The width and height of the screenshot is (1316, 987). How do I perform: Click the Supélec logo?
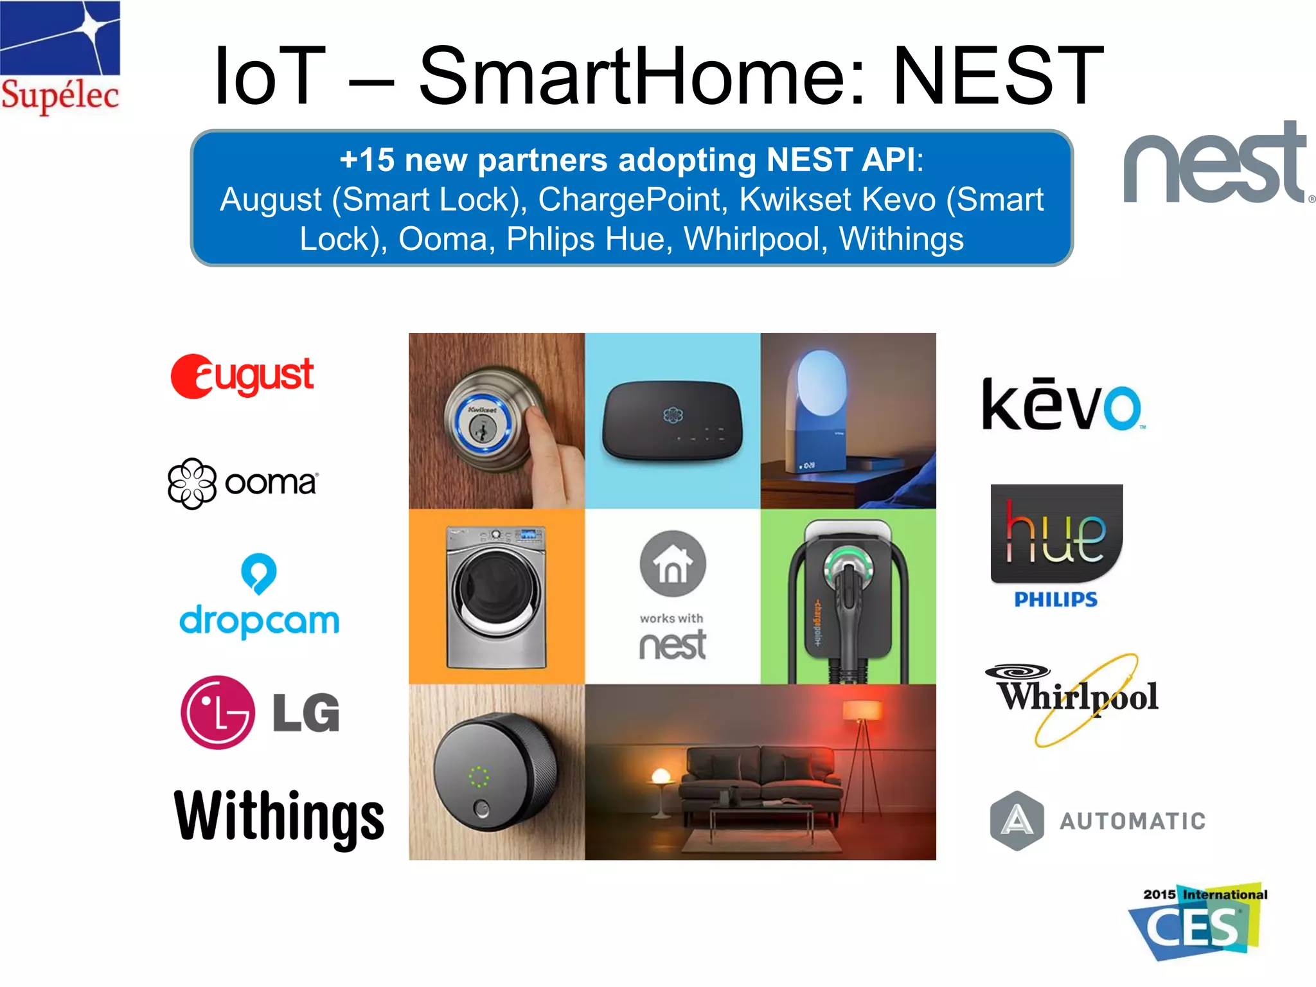60,58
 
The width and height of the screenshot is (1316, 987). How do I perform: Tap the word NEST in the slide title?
998,76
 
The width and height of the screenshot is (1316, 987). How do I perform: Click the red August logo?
242,377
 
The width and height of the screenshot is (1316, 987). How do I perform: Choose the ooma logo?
242,483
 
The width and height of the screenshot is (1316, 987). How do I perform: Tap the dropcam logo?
259,596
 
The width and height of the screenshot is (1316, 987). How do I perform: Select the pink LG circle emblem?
218,712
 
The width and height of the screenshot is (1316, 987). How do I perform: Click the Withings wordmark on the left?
279,817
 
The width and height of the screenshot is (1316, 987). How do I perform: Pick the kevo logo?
1062,405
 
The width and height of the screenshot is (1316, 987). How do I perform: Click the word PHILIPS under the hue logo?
1056,600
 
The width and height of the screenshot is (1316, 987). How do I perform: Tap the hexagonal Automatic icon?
1017,821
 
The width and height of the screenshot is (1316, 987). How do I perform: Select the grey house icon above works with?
673,564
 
